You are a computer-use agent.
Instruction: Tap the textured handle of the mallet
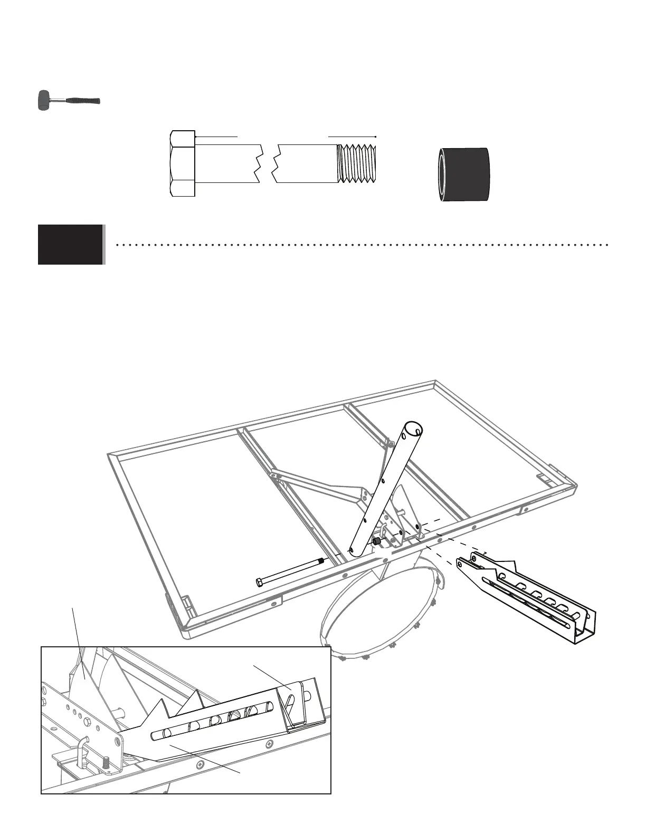click(84, 100)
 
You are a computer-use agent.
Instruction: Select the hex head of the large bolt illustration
click(183, 163)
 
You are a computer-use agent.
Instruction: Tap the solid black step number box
click(70, 244)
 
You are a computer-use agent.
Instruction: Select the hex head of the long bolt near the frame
click(259, 582)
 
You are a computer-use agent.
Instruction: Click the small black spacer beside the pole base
click(377, 542)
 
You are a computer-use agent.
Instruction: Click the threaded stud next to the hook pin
click(106, 762)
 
